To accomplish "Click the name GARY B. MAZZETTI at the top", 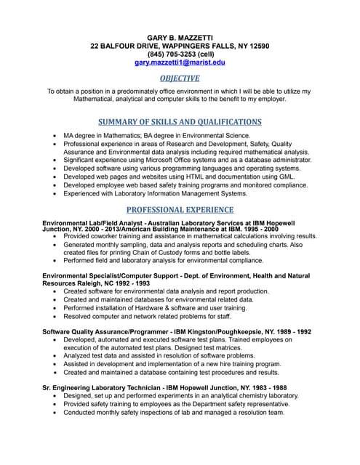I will click(x=180, y=36).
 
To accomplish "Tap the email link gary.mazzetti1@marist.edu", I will click(x=180, y=63).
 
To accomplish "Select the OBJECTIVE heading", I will click(x=180, y=78).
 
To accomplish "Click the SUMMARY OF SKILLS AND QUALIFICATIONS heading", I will click(x=180, y=121).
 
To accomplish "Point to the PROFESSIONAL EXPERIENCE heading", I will click(x=180, y=210).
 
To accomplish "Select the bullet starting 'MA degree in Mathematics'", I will click(x=156, y=136).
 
